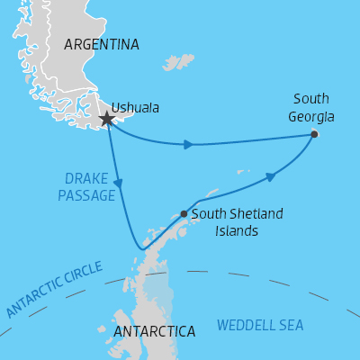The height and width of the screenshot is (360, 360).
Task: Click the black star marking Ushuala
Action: pos(107,119)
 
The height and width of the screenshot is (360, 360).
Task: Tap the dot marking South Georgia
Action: pos(314,134)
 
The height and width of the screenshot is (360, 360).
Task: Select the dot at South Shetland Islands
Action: pos(184,214)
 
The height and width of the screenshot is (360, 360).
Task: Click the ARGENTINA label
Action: pos(102,44)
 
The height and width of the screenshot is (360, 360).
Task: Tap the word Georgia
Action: pos(311,116)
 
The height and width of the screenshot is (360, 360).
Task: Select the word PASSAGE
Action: pos(86,195)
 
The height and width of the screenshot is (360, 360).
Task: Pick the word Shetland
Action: pos(253,214)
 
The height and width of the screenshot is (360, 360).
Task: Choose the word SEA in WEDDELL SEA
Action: pos(291,325)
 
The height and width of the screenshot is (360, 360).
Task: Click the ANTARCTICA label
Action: pos(155,332)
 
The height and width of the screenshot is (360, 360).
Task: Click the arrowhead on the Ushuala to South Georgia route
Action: pos(188,144)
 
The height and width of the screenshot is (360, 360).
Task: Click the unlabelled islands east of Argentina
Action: pos(179,62)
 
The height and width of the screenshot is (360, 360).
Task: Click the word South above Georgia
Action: pos(311,98)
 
